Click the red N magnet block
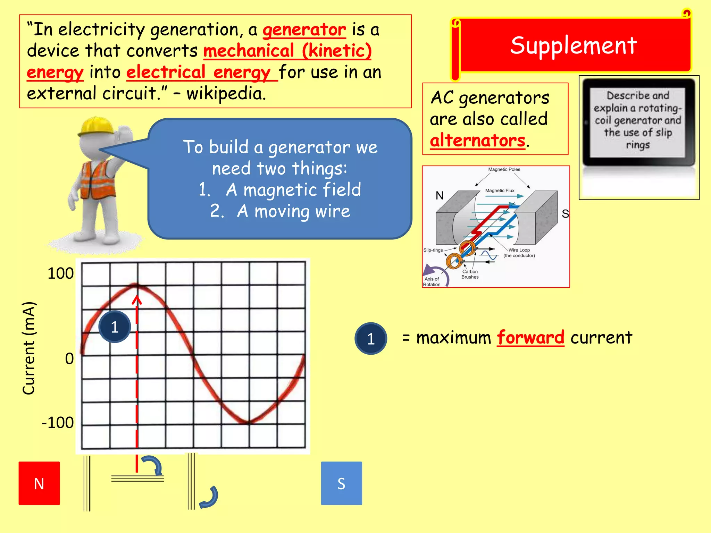point(39,483)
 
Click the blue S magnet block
point(341,483)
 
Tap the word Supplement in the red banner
point(574,45)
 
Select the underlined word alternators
point(477,141)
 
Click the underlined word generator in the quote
point(304,30)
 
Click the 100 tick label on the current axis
point(60,273)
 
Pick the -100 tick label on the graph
point(58,423)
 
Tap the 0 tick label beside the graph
point(69,358)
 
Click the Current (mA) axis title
point(29,348)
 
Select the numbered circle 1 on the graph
point(115,327)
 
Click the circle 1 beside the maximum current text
point(370,339)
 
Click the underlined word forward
point(530,338)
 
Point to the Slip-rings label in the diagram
point(433,250)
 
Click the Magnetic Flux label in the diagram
point(500,191)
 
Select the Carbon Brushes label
point(470,274)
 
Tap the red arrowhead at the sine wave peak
point(137,299)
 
